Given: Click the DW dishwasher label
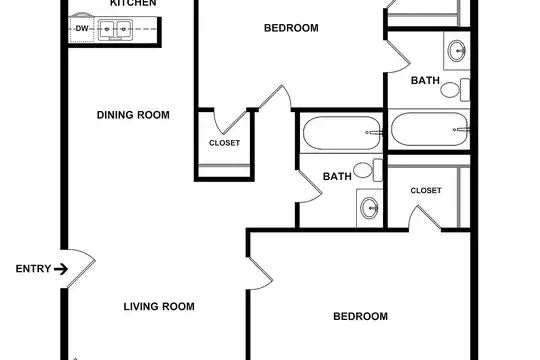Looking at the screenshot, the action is point(82,29).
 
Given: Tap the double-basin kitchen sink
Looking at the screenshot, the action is point(115,30).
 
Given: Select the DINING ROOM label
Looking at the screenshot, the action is point(133,115).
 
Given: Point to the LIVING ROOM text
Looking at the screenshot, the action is point(159,306).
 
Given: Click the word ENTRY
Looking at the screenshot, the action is point(33,269).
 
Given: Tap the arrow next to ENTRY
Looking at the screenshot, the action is point(61,269).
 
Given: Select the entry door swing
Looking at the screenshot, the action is point(81,269).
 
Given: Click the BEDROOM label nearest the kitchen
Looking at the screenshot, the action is point(291,28).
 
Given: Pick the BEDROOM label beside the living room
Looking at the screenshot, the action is point(360,316).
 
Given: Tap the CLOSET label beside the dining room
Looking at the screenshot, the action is point(225,143).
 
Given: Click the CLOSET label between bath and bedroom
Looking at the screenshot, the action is point(426,191).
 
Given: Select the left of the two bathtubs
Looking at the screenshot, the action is point(343,133).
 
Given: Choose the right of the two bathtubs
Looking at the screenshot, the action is point(430,129).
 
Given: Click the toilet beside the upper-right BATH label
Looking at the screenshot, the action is point(455,90).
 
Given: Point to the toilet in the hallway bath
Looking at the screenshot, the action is point(368,170).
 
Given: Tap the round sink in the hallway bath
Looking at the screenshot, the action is point(369,208).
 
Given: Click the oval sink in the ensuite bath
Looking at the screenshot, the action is point(457,51).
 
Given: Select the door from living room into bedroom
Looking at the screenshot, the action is point(261,274).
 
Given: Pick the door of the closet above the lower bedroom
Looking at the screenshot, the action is point(424,217).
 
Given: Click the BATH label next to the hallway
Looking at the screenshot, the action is point(337,176).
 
